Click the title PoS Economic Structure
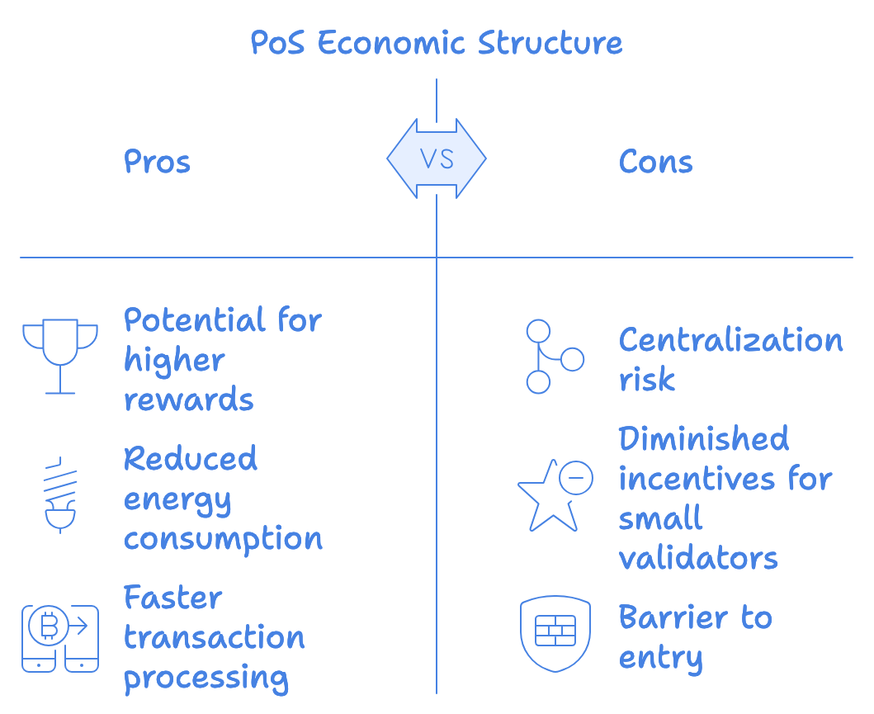tap(437, 43)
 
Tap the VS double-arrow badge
tap(437, 158)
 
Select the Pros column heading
tap(157, 162)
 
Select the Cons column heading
tap(655, 162)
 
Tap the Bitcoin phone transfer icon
tap(60, 638)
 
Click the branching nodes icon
tap(553, 357)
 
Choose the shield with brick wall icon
tap(555, 633)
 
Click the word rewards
tap(189, 400)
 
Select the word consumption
tap(223, 538)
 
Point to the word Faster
tap(173, 597)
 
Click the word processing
tap(206, 678)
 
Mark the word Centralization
tap(730, 339)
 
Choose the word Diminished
tap(704, 438)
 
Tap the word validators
tap(698, 558)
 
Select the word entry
tap(660, 658)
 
